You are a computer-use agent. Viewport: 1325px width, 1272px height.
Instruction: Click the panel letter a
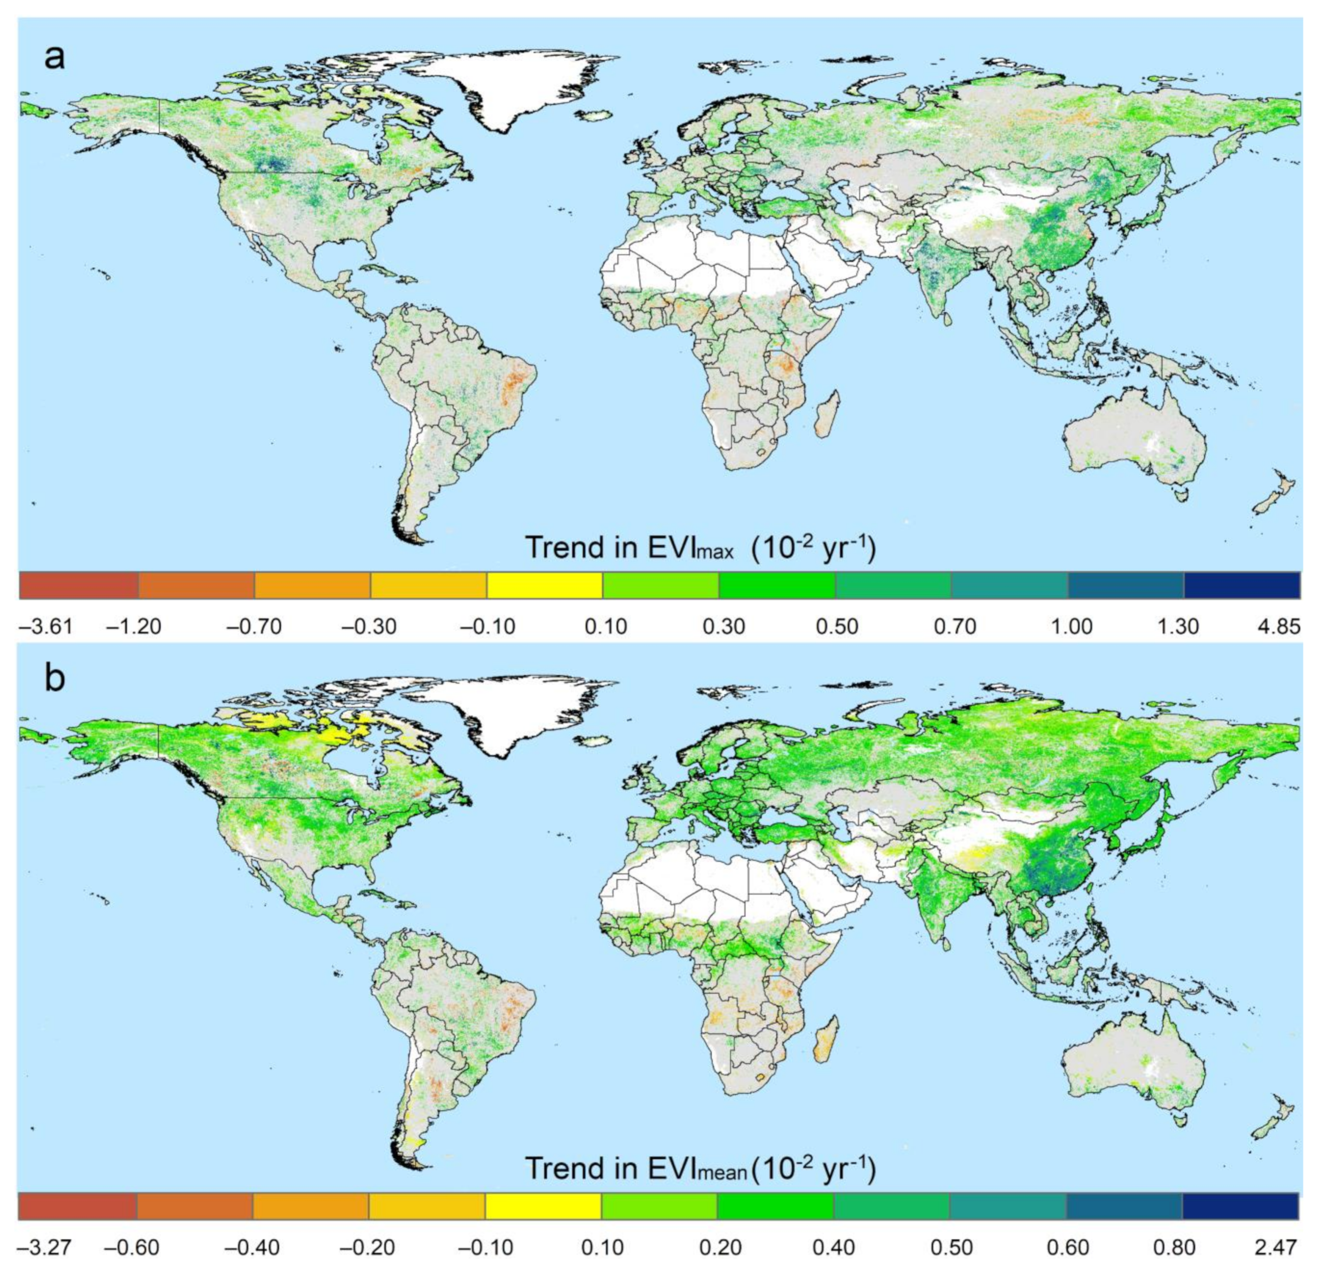click(x=54, y=58)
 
